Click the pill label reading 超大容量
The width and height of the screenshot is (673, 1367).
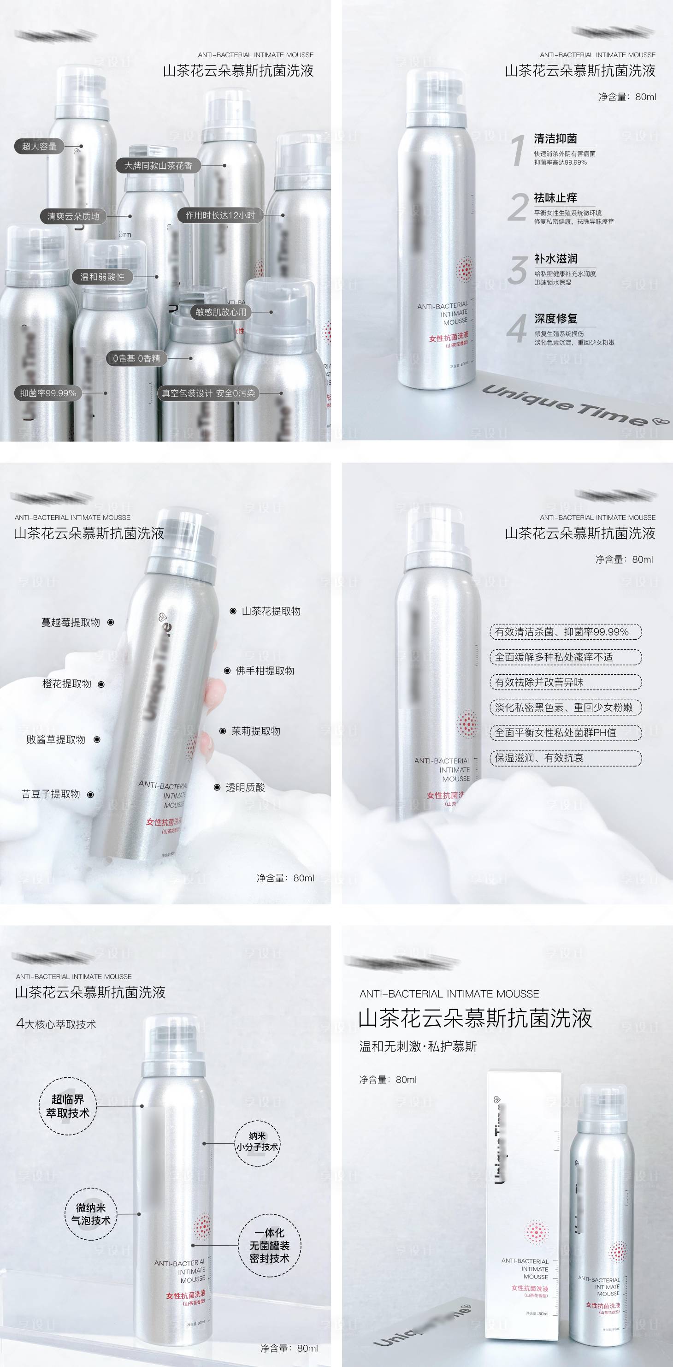pos(39,146)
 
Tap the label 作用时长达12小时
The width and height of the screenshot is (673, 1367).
pos(219,215)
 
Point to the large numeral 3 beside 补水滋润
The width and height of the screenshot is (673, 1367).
pos(518,270)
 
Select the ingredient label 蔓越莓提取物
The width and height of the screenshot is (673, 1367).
pos(71,623)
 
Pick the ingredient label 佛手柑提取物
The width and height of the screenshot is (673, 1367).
pos(265,671)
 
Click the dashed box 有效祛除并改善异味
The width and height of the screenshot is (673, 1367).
pos(565,682)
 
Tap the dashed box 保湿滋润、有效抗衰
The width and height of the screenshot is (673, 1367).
pos(565,758)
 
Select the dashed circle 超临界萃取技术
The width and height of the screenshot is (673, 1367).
pos(67,1105)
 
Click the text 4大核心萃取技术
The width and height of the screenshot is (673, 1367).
pos(56,1024)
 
